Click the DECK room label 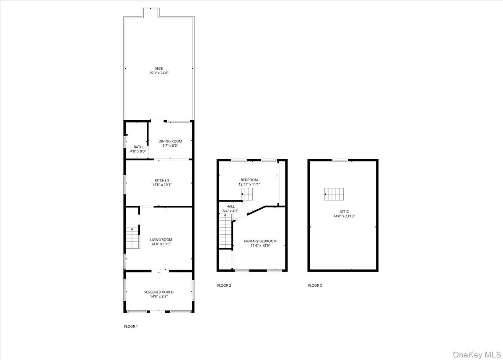(x=158, y=69)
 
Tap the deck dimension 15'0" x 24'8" (x=158, y=73)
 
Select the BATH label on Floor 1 (x=138, y=147)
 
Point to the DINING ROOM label (x=170, y=141)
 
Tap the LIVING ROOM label (x=161, y=240)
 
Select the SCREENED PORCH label (x=158, y=292)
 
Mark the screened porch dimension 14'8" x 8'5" (x=158, y=297)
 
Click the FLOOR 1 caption (x=130, y=326)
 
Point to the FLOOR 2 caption (x=224, y=285)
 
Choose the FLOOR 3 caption (x=315, y=285)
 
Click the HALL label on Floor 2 (x=231, y=206)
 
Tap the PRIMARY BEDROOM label (x=260, y=241)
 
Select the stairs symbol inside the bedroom (x=247, y=194)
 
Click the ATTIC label (x=344, y=212)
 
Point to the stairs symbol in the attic (x=334, y=194)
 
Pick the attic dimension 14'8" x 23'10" (x=344, y=216)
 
